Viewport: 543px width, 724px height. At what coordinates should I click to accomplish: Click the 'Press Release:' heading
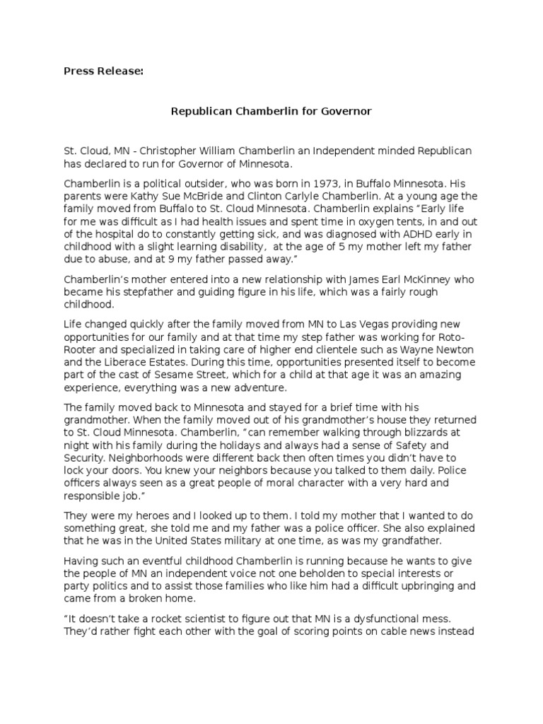click(103, 71)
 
